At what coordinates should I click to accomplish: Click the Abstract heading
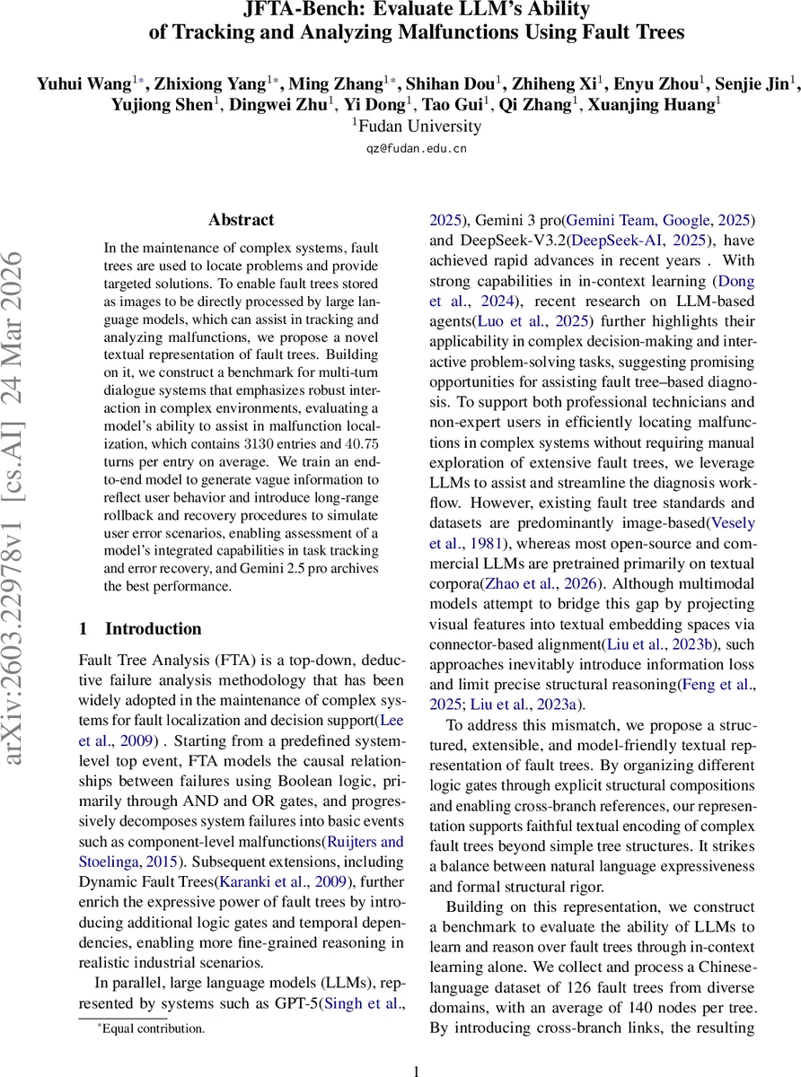click(241, 219)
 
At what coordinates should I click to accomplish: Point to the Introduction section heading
click(153, 628)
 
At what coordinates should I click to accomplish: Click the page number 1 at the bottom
click(416, 1071)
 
